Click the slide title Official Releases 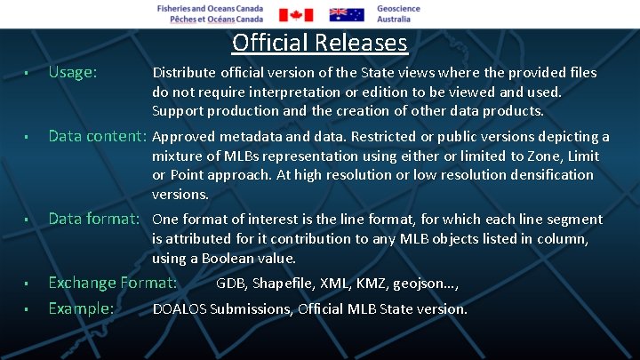pyautogui.click(x=319, y=43)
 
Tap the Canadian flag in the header pyautogui.click(x=296, y=14)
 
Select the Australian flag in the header pyautogui.click(x=347, y=14)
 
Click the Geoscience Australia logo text pyautogui.click(x=398, y=13)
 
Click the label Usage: pyautogui.click(x=73, y=72)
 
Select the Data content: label pyautogui.click(x=97, y=136)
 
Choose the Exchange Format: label pyautogui.click(x=112, y=283)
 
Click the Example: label pyautogui.click(x=81, y=308)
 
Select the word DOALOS pyautogui.click(x=180, y=309)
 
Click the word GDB pyautogui.click(x=230, y=284)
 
